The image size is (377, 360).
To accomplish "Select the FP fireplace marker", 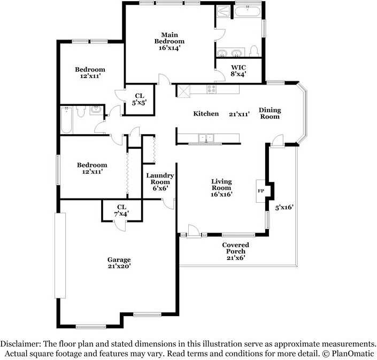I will [261, 191].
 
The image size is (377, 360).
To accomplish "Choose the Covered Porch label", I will [236, 248].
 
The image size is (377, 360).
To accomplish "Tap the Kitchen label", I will [206, 113].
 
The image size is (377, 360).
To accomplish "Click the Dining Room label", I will [270, 113].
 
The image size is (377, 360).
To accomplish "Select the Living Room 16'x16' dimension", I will [221, 195].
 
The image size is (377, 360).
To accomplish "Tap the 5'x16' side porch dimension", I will [284, 207].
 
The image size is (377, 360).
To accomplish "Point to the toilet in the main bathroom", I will [254, 50].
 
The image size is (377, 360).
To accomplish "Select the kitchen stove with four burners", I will [211, 89].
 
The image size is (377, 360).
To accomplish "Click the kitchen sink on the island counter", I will [206, 139].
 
